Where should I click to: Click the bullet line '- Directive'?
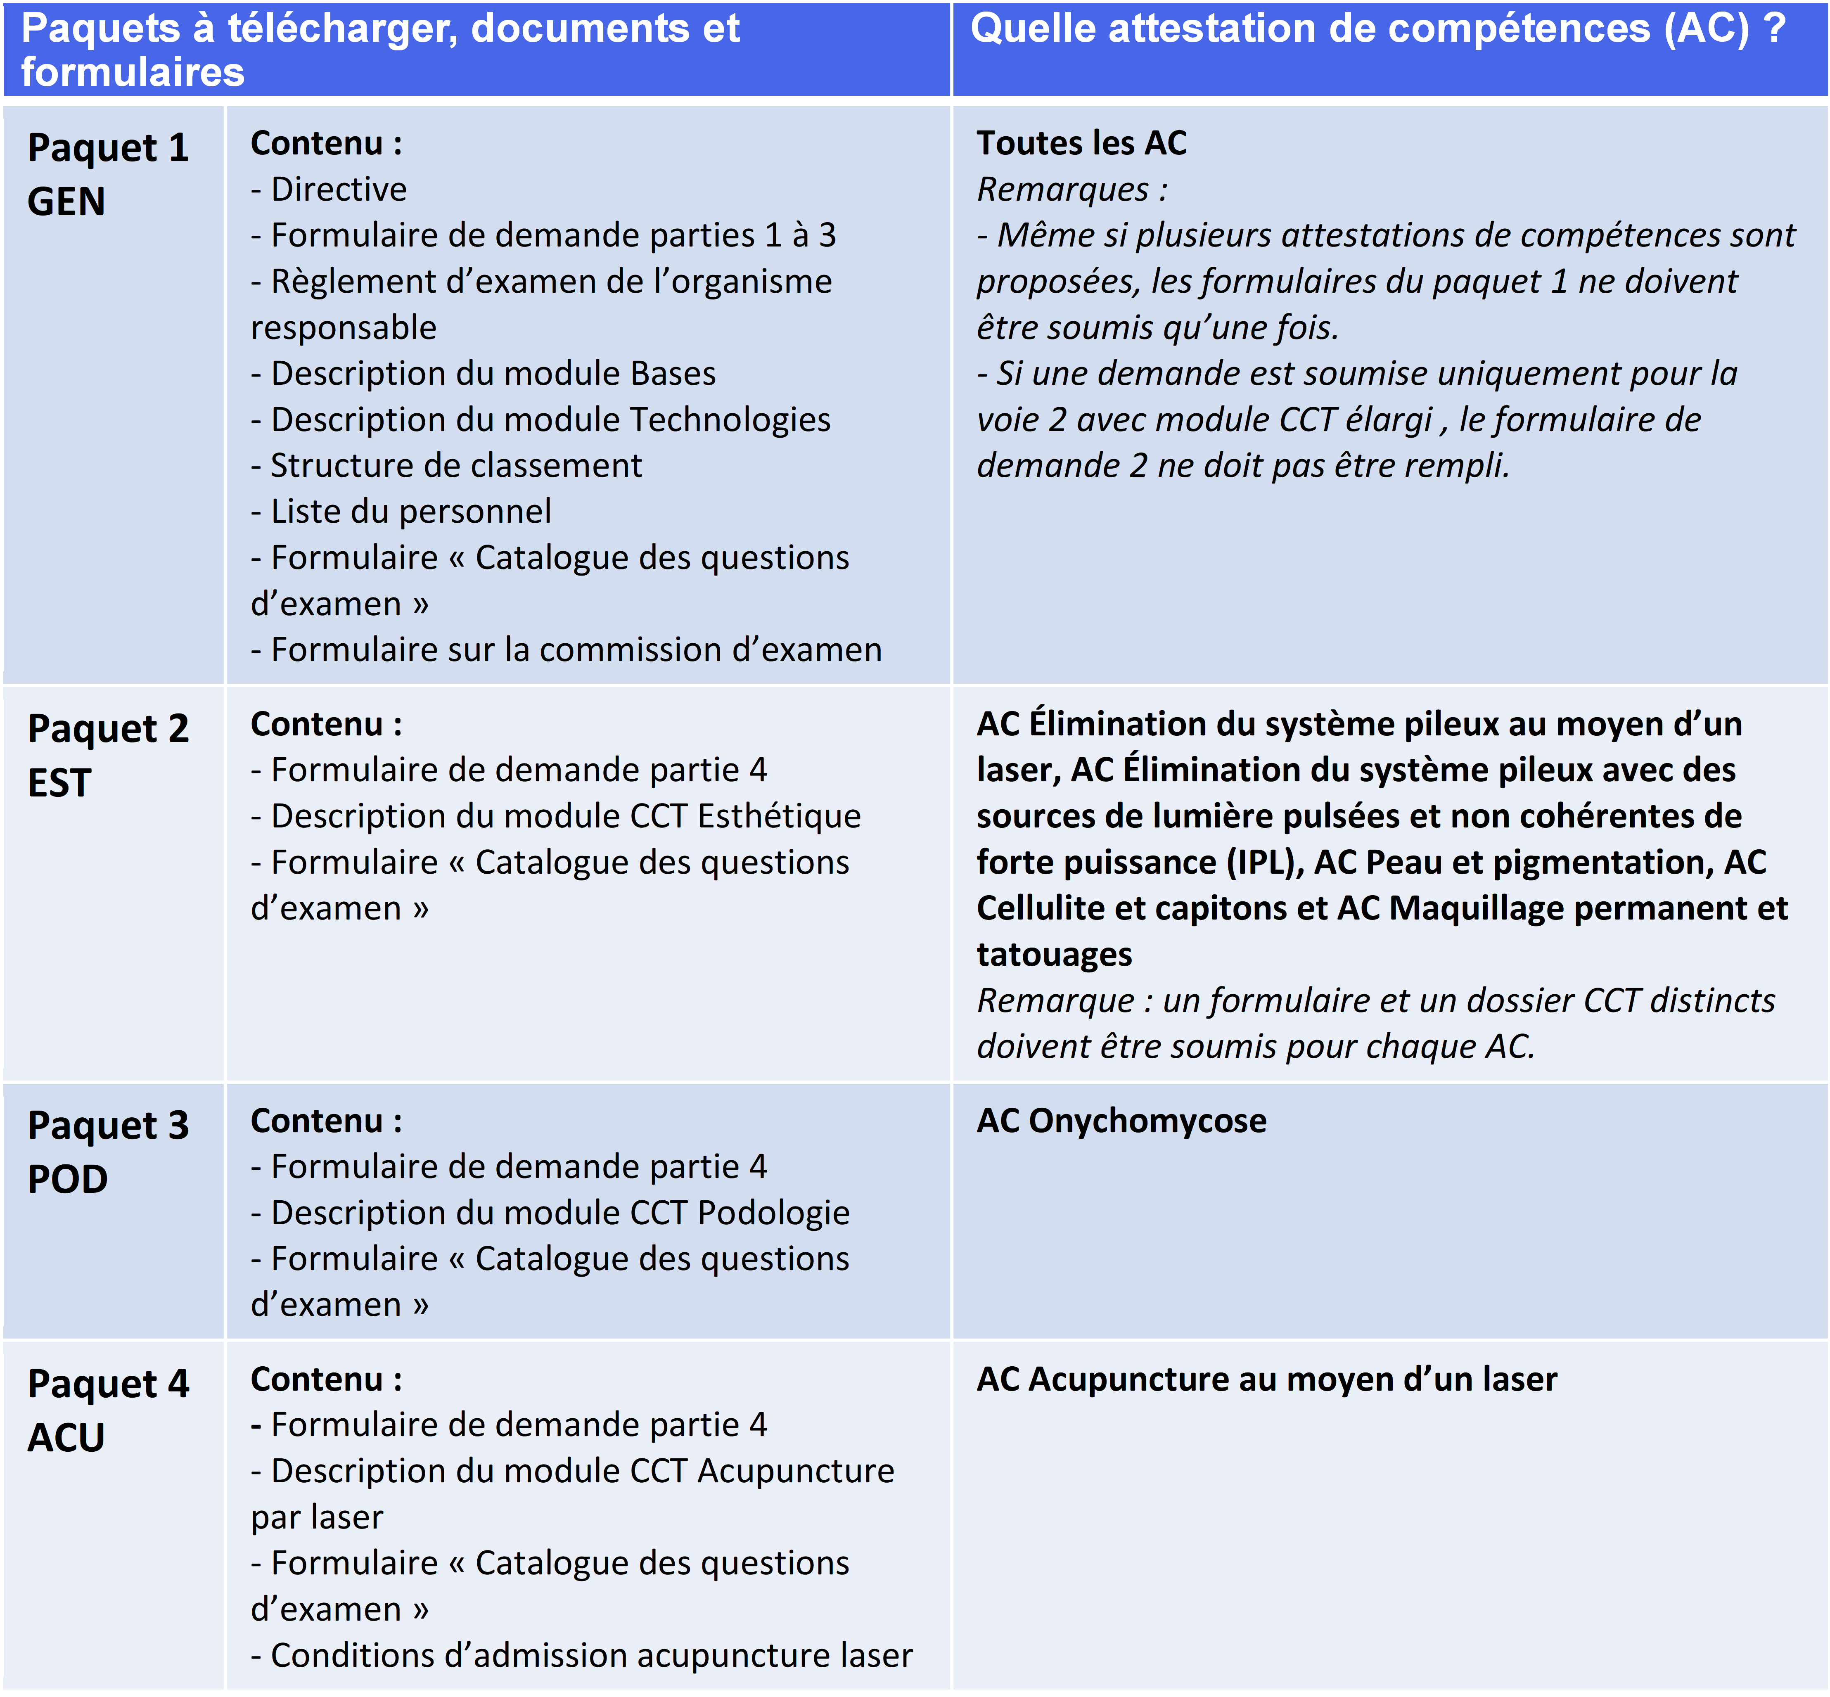point(329,189)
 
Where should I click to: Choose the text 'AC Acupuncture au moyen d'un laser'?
point(1266,1379)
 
